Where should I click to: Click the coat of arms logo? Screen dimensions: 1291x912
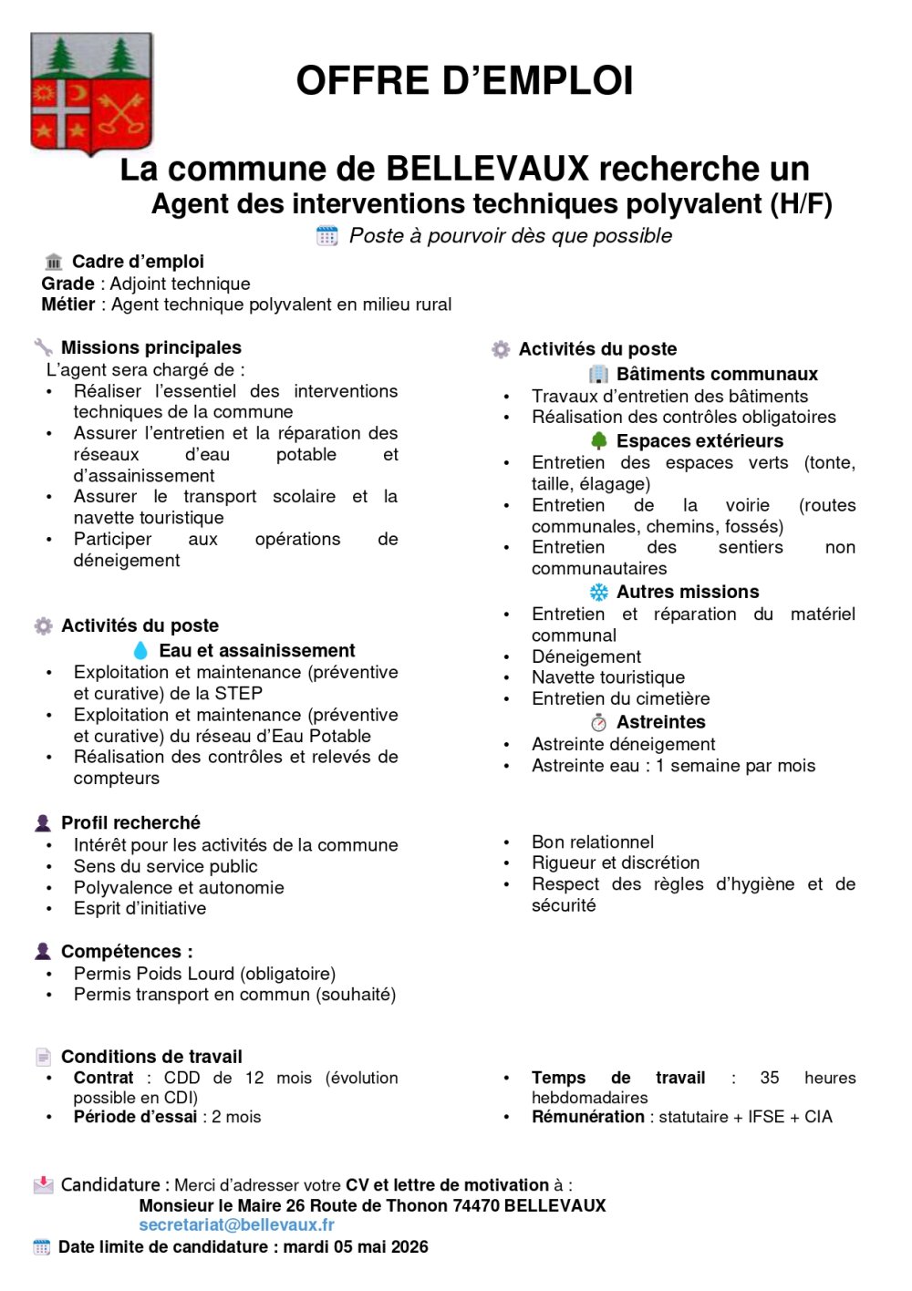point(91,93)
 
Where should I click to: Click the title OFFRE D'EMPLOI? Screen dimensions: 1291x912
point(464,80)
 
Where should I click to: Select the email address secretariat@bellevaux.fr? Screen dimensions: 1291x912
point(236,1224)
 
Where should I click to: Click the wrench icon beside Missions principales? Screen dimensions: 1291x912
point(43,347)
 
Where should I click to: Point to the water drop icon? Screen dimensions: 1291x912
point(140,650)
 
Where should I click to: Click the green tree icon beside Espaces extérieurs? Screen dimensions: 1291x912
point(599,441)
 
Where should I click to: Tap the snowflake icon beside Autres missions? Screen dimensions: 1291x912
point(599,593)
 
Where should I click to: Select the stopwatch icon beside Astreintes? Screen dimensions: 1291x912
point(599,723)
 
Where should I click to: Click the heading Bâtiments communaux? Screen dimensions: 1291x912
point(717,374)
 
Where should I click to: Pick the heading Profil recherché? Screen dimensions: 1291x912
point(130,822)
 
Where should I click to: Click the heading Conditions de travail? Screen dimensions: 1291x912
point(151,1057)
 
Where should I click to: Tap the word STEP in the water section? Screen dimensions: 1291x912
point(239,693)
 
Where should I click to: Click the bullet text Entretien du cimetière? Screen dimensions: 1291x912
point(620,698)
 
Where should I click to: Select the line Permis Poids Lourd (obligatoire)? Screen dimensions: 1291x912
point(204,974)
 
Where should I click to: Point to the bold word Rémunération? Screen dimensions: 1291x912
point(588,1117)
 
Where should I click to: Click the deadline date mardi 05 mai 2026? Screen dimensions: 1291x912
point(356,1246)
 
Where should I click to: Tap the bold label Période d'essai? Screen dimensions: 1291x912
point(135,1117)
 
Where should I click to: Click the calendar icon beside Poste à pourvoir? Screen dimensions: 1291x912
point(326,236)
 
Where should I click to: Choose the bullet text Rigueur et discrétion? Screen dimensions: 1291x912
point(616,862)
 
